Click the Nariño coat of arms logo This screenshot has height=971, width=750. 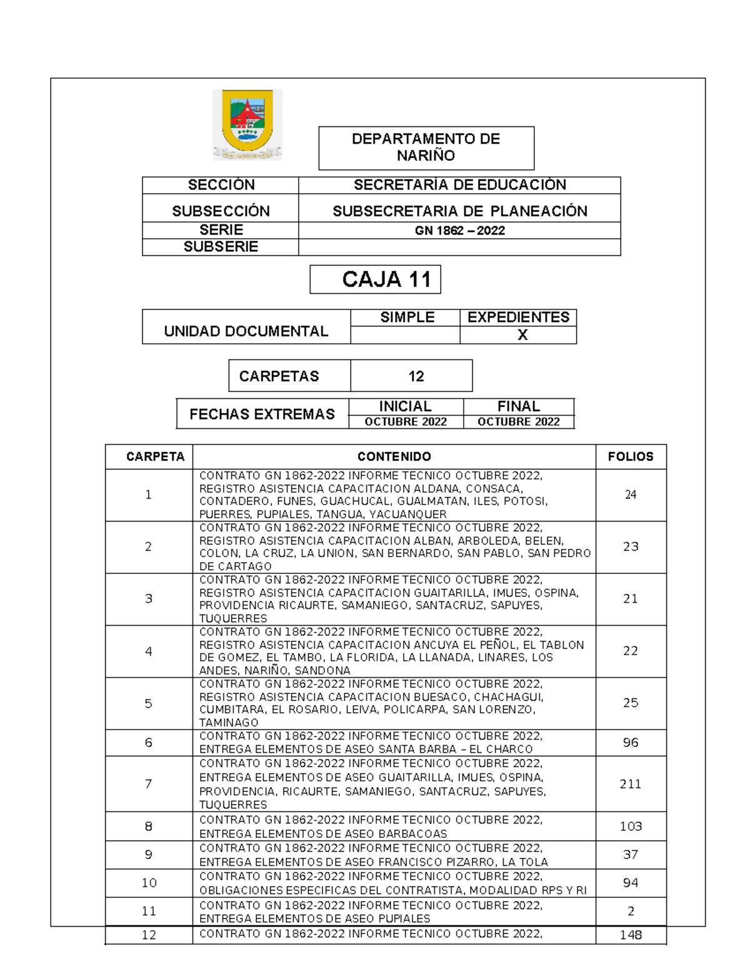coord(247,124)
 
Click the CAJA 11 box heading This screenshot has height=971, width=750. coord(387,279)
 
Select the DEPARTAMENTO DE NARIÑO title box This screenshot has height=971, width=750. coord(426,148)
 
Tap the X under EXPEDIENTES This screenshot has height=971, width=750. coord(522,335)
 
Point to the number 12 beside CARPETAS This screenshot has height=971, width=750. coord(416,376)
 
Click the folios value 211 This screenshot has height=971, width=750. coord(630,784)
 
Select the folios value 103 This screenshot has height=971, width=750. coord(630,827)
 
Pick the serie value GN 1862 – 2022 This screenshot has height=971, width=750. coord(459,231)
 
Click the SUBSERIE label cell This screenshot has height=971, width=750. coord(221,247)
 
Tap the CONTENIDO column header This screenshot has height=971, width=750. coord(394,457)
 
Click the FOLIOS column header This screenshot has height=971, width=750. coord(630,457)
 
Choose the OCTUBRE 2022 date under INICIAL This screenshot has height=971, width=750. coord(406,422)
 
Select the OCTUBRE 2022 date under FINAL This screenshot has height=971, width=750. coord(518,422)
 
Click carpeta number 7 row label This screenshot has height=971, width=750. coord(148,784)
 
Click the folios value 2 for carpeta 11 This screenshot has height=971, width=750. coord(630,912)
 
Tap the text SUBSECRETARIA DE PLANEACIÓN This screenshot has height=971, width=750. coord(459,211)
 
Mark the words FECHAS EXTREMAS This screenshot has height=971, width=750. coord(262,414)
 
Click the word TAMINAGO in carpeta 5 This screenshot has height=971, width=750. coord(229,723)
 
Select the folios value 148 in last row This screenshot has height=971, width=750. coord(630,935)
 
